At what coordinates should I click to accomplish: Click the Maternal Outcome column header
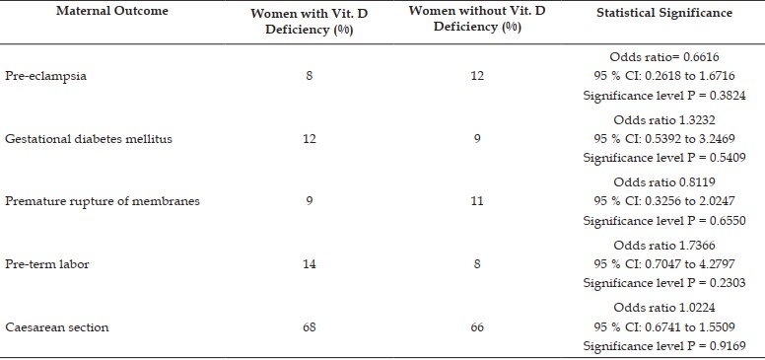(112, 11)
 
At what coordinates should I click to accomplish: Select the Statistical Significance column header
(664, 13)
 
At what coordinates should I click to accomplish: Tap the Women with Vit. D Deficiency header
(309, 21)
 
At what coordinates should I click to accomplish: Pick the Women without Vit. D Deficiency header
(477, 19)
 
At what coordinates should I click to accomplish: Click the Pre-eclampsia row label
(46, 76)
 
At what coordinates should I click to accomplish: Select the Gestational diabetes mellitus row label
(89, 139)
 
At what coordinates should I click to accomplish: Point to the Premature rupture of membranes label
(103, 201)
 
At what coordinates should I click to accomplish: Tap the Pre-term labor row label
(47, 264)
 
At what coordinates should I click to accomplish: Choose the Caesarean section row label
(56, 326)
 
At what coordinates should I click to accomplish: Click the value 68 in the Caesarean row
(309, 326)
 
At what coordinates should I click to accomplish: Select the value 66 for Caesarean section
(477, 326)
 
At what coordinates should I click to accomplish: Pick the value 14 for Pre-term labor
(309, 264)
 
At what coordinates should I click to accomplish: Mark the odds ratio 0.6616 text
(664, 57)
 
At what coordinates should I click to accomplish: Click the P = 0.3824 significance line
(664, 96)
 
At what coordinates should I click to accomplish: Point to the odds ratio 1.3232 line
(664, 120)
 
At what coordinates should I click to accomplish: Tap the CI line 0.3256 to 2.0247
(664, 201)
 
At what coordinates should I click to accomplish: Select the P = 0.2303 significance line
(664, 283)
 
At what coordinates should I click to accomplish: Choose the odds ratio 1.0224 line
(664, 308)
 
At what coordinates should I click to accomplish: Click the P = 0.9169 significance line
(664, 346)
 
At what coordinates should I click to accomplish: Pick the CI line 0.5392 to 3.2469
(664, 139)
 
